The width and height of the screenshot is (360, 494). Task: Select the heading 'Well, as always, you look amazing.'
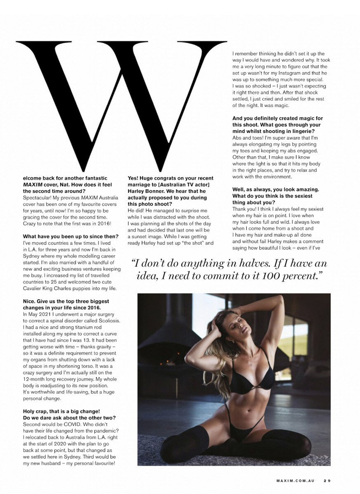275,189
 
